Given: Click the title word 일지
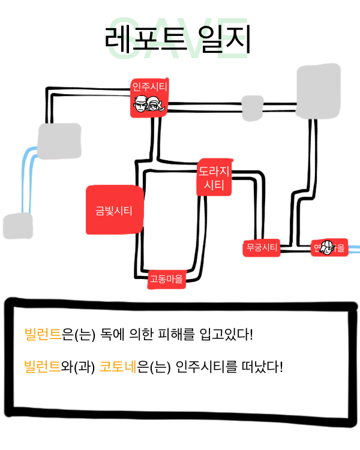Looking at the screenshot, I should point(225,41).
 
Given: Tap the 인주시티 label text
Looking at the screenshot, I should point(149,86).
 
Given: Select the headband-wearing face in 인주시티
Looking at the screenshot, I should point(140,106).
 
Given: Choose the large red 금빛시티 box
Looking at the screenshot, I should point(114,210).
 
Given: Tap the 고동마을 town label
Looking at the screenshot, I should point(166,279).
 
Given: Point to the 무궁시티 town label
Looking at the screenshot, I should point(262,247).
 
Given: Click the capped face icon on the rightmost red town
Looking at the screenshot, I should point(328,247).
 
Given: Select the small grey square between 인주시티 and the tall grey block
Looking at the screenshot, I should point(252,107).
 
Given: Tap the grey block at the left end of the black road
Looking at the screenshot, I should point(59,141).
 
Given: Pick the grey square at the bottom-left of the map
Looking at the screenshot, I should point(17,226).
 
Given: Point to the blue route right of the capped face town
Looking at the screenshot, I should point(353,247).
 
